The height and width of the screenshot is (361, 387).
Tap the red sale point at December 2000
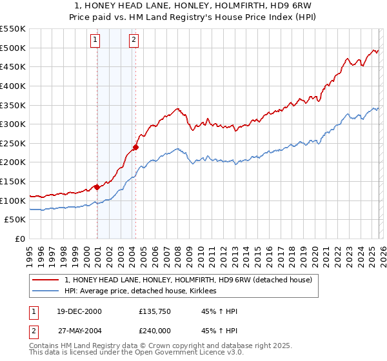(x=97, y=187)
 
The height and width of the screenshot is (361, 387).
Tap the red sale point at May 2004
(x=135, y=147)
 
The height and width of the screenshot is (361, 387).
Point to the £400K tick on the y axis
(x=13, y=86)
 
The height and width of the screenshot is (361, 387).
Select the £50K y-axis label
(x=15, y=220)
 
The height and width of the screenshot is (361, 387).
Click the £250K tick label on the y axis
(x=13, y=143)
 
